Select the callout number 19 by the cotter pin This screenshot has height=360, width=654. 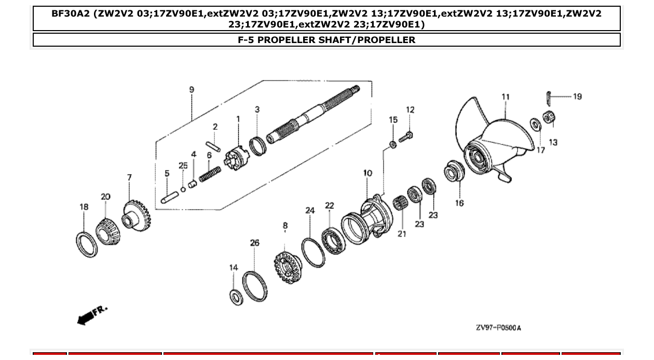click(x=577, y=96)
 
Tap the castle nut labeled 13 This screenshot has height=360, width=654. click(x=548, y=118)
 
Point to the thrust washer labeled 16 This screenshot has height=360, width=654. click(x=454, y=172)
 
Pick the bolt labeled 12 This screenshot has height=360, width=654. click(x=407, y=135)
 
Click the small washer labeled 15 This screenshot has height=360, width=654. click(x=393, y=144)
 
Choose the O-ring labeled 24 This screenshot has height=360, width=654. click(x=314, y=253)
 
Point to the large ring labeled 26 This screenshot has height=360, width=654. click(x=255, y=286)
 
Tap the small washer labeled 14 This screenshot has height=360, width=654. click(x=236, y=298)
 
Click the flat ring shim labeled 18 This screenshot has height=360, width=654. click(x=86, y=244)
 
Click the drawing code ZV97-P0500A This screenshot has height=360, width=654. click(x=498, y=328)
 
